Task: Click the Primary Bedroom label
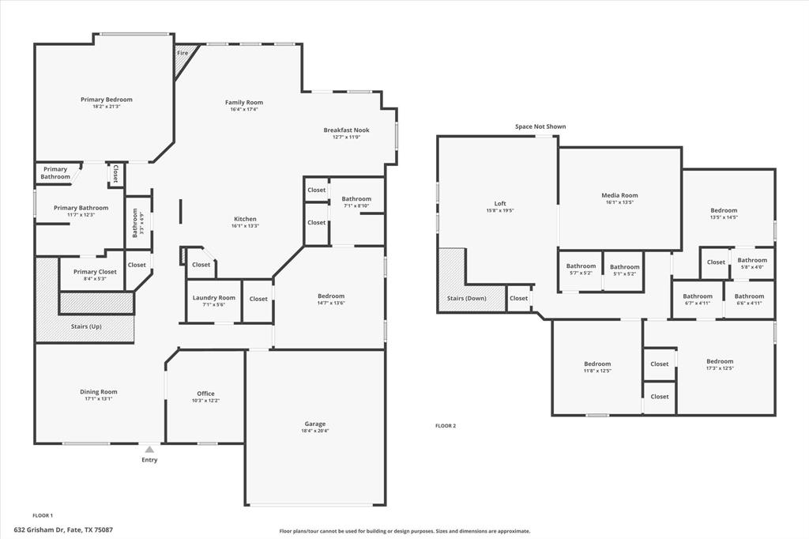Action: tap(107, 100)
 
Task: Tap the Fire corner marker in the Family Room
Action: tap(182, 53)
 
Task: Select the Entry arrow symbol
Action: tap(149, 450)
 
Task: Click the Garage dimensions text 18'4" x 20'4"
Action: tap(314, 431)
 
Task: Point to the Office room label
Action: tap(205, 394)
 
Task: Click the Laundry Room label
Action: tap(214, 297)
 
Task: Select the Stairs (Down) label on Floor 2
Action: tap(467, 299)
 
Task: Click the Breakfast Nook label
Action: tap(346, 130)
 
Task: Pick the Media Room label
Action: tap(619, 195)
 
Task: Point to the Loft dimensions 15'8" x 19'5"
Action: tap(500, 210)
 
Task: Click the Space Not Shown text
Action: tap(540, 126)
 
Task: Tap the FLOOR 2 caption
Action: tap(446, 426)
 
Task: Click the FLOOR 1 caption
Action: tap(43, 515)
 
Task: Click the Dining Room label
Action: tap(98, 391)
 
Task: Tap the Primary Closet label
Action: tap(95, 271)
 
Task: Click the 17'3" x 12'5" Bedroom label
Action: tap(720, 361)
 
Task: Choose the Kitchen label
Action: tap(245, 219)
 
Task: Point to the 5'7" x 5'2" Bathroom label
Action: tap(581, 266)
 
